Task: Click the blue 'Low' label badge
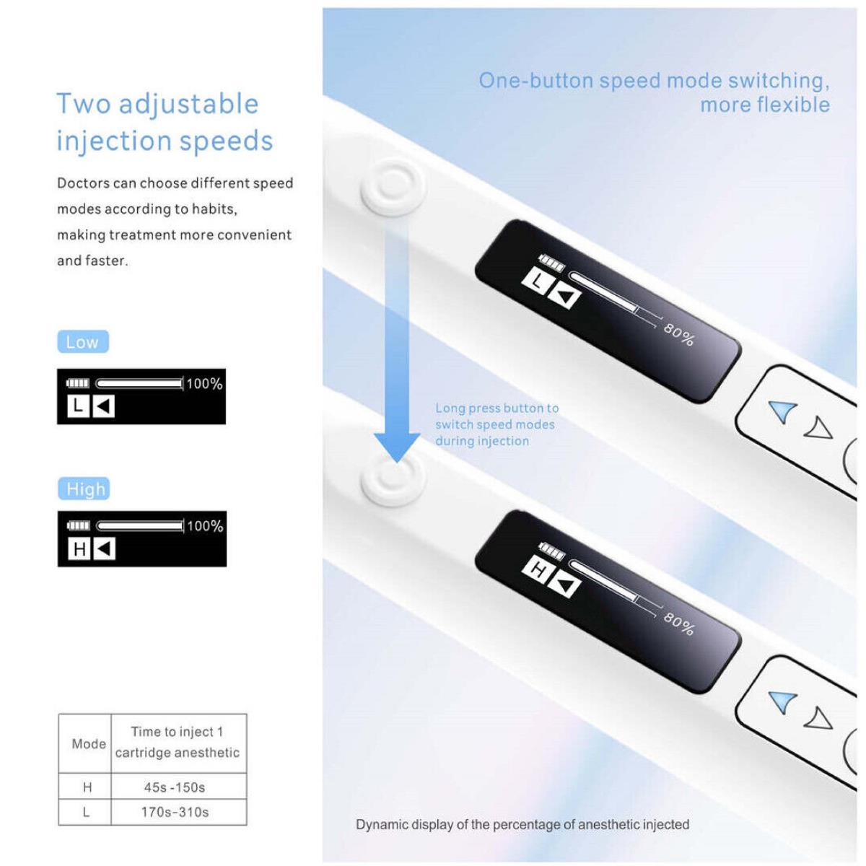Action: (83, 341)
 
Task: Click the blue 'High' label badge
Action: (84, 489)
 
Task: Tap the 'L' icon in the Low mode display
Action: (78, 406)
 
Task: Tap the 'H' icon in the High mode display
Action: (79, 548)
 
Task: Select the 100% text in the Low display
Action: (204, 383)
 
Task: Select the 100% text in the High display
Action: (206, 526)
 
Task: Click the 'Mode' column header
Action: (89, 744)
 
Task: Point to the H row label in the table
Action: (87, 787)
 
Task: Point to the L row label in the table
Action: (86, 812)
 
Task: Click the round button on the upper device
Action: (393, 188)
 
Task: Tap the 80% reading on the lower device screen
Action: (678, 625)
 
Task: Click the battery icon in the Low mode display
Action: (78, 383)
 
